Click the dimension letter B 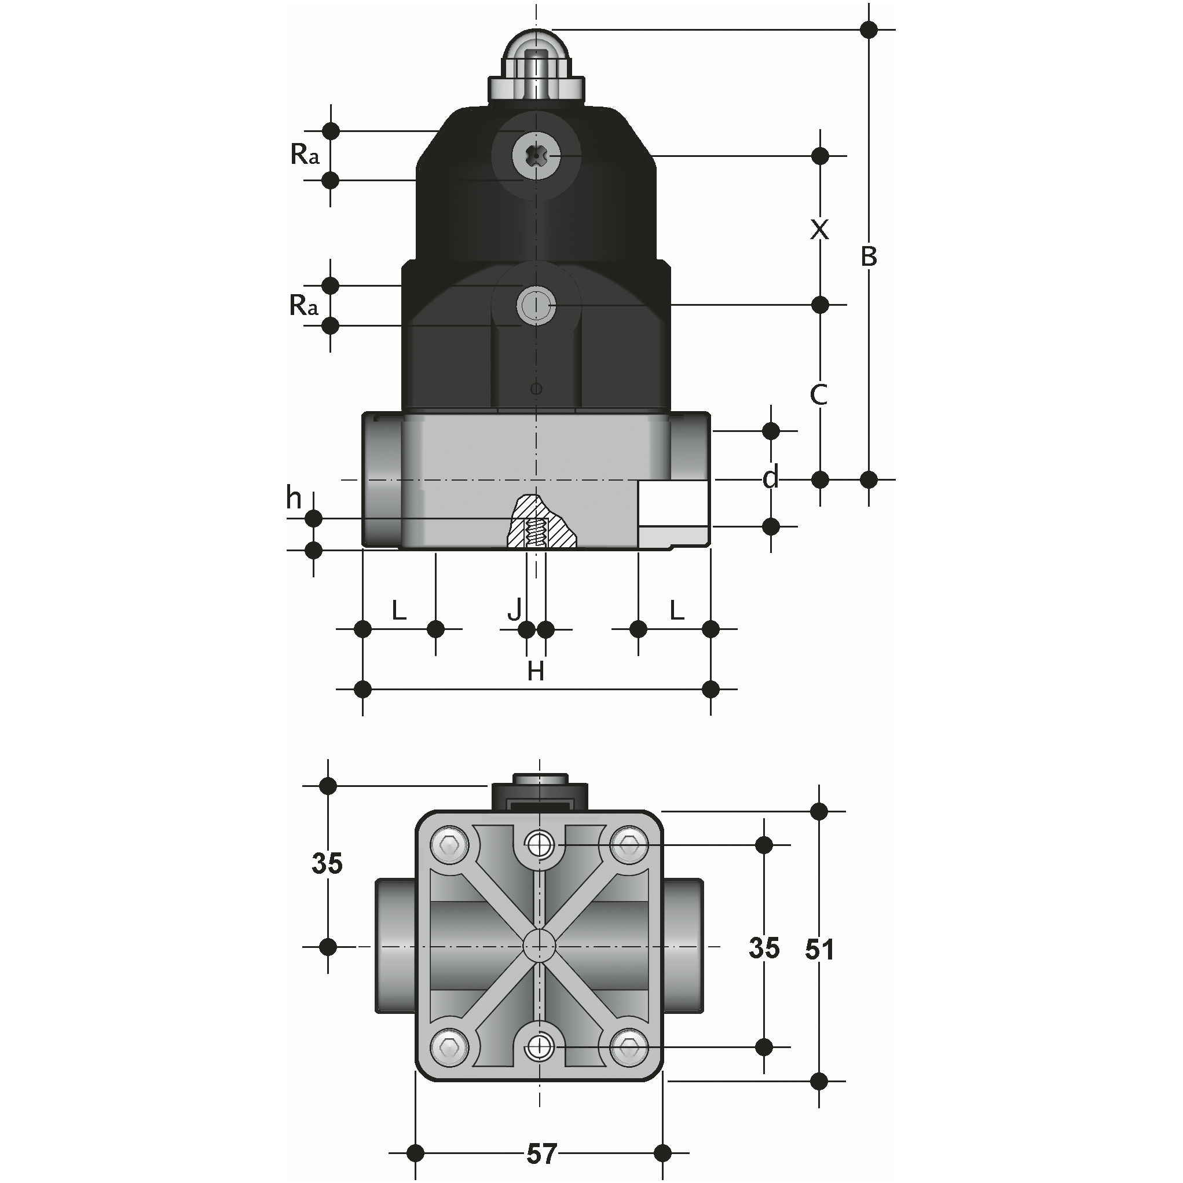pos(868,257)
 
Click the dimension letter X pos(819,230)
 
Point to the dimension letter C pos(819,395)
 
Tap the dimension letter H pos(536,672)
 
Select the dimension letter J pos(515,609)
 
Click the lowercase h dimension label pos(294,498)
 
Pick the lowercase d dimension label pos(771,477)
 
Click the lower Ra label pos(303,305)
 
